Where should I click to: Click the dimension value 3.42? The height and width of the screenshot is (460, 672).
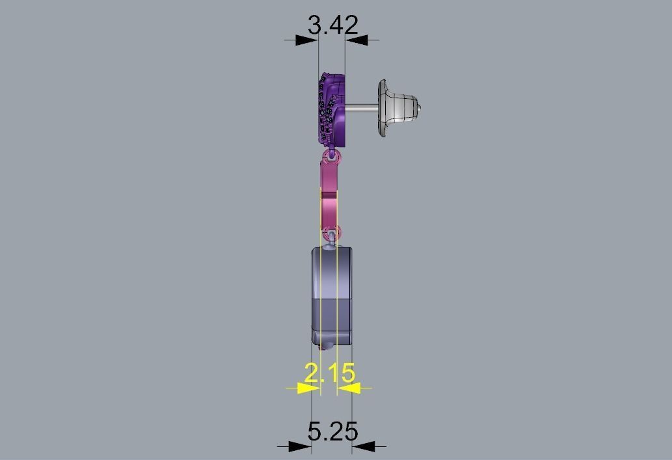click(332, 25)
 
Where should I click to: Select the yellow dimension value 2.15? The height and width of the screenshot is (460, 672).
click(330, 373)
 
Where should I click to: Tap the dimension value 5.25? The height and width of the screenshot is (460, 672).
click(332, 431)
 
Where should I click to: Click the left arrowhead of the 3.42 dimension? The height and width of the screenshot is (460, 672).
click(307, 40)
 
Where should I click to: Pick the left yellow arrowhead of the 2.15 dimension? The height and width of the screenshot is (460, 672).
click(309, 388)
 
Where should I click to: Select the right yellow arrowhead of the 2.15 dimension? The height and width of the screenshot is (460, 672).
click(349, 388)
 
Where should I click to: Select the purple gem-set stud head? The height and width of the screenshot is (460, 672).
click(332, 109)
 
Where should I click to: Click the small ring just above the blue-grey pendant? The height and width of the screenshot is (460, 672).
click(332, 233)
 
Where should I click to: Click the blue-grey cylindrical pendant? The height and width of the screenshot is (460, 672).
click(332, 293)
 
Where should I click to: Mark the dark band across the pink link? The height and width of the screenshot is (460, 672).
click(329, 193)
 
